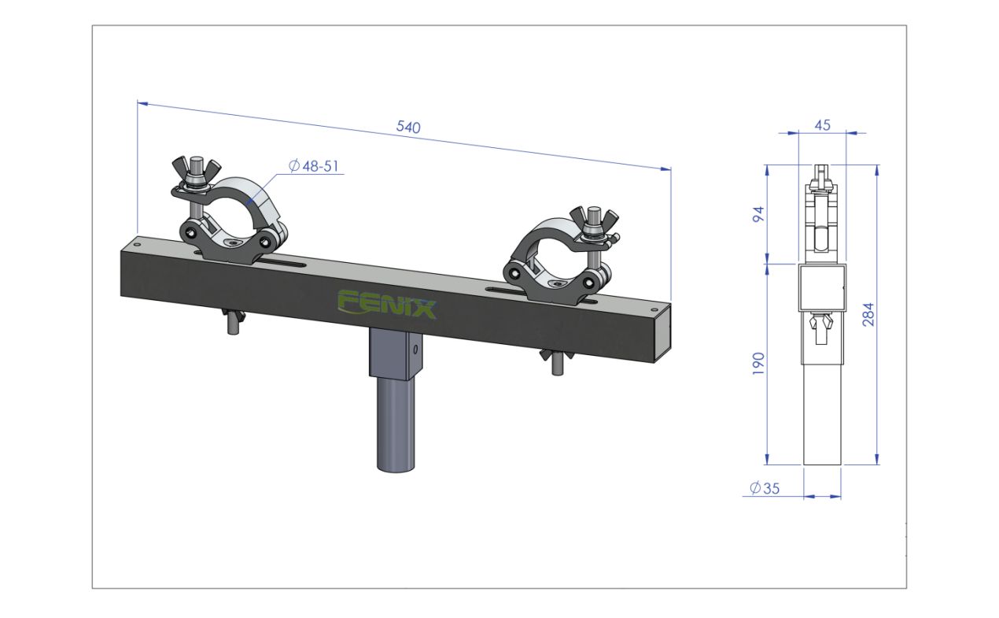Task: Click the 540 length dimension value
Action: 408,128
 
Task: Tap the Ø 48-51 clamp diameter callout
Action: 314,166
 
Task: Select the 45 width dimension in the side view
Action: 822,125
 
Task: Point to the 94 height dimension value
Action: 758,214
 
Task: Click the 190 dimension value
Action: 758,363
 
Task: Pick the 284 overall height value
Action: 868,314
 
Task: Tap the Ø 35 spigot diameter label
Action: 765,488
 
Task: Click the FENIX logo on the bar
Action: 386,305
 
